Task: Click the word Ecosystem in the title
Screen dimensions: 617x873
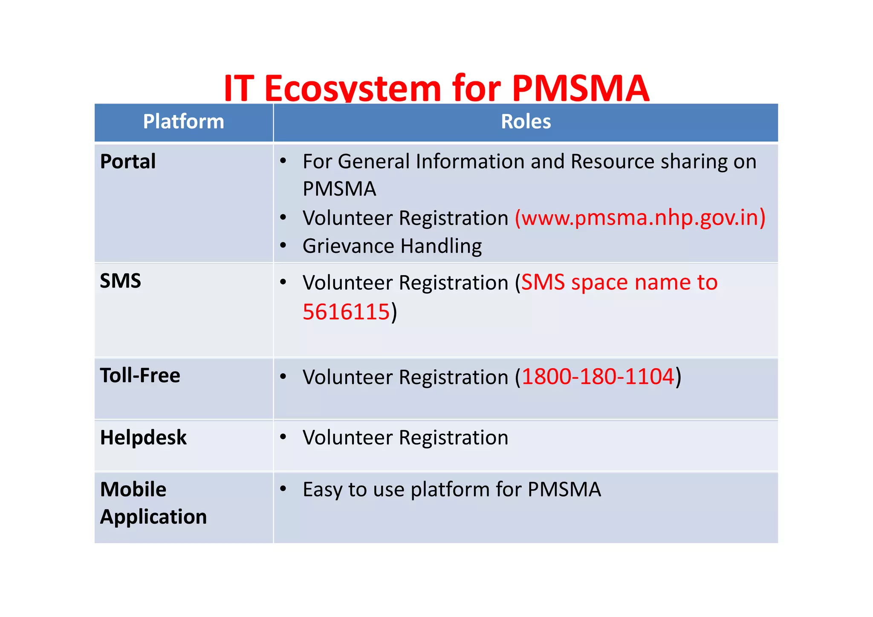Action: click(352, 89)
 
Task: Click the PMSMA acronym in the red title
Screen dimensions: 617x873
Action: click(580, 89)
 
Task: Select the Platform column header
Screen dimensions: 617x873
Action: click(183, 122)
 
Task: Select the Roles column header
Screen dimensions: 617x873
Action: click(526, 122)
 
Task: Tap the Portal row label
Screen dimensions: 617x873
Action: click(128, 162)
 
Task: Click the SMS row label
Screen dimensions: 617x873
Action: click(120, 281)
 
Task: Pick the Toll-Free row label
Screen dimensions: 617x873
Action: click(140, 376)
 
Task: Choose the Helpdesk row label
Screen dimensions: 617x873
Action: click(143, 438)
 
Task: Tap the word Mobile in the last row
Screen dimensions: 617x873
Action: click(133, 490)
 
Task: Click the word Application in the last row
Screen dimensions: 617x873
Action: click(153, 517)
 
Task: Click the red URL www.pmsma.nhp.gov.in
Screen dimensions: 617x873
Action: click(640, 218)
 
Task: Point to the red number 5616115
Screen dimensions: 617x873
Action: click(346, 312)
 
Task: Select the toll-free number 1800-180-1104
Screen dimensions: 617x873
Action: click(598, 377)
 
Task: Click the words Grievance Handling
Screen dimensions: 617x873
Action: click(392, 246)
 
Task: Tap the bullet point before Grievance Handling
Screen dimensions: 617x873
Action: click(283, 245)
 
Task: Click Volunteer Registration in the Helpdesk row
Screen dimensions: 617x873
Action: click(405, 438)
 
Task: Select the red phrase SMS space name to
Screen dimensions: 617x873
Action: click(619, 283)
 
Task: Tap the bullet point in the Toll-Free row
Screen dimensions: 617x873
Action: click(283, 376)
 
